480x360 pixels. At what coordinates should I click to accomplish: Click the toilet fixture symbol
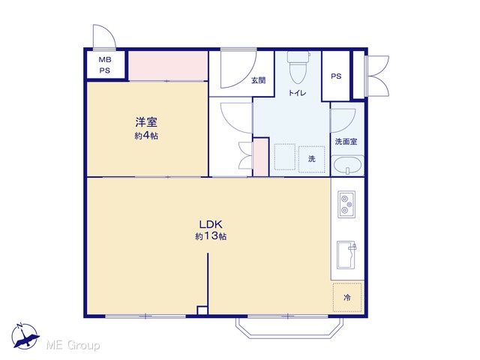(298, 67)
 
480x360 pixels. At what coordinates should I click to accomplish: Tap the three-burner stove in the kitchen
(346, 205)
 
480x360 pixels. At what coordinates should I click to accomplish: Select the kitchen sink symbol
(346, 255)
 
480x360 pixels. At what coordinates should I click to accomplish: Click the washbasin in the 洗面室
(347, 166)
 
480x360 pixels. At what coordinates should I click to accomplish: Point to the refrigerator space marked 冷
(347, 297)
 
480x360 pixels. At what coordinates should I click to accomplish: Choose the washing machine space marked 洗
(312, 159)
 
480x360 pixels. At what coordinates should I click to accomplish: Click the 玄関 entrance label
(258, 80)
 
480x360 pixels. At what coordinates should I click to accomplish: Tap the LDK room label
(211, 224)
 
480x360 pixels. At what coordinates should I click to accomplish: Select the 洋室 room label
(146, 121)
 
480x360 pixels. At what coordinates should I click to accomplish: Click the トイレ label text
(297, 93)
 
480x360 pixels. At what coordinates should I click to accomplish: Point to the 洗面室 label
(346, 142)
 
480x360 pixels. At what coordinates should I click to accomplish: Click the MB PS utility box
(105, 65)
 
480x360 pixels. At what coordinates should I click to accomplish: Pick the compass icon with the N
(25, 336)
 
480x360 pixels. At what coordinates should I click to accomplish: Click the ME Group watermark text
(73, 345)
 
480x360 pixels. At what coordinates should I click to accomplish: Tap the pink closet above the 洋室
(168, 65)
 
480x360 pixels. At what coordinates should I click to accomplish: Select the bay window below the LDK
(289, 328)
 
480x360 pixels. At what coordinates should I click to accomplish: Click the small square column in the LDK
(202, 310)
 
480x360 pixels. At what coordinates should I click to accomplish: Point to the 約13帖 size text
(211, 236)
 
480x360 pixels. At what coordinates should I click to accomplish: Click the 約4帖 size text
(146, 136)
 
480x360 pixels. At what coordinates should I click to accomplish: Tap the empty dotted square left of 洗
(285, 157)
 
